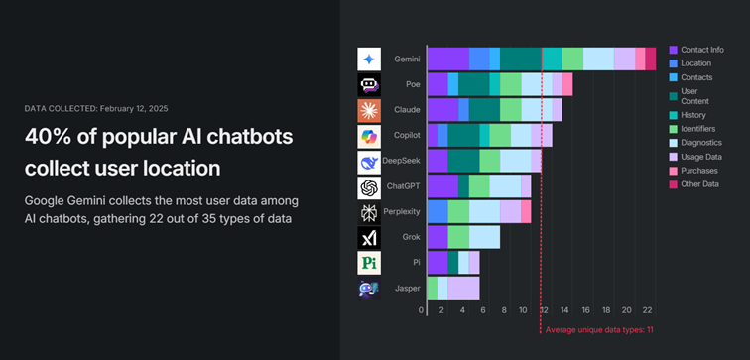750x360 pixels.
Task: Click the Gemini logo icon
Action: pos(369,59)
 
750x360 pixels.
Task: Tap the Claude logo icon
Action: pos(369,110)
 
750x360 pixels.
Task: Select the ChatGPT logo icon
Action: pos(369,186)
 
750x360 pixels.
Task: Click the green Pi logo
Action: pos(369,263)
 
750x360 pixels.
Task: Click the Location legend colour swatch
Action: pos(673,61)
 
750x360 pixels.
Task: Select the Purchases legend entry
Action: pos(699,171)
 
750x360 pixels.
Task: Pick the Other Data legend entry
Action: pos(700,184)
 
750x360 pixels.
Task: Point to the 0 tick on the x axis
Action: pos(422,310)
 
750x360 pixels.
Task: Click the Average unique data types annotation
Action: pos(598,329)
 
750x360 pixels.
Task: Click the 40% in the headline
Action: pos(47,140)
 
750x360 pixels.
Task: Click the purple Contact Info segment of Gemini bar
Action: pos(447,59)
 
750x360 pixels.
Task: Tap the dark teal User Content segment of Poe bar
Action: pos(473,84)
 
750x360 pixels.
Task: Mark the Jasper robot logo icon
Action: pos(369,289)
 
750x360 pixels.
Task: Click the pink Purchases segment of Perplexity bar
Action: pos(526,212)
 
